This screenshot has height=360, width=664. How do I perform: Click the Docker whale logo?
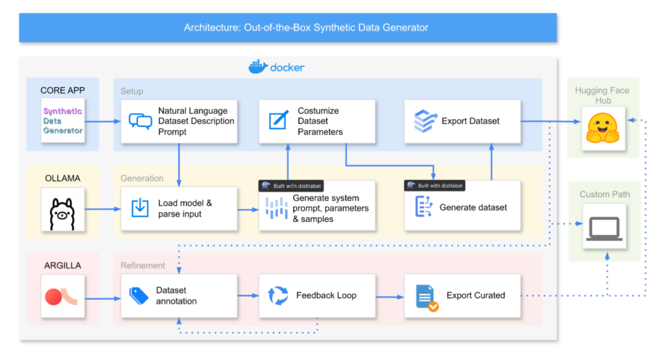pyautogui.click(x=258, y=67)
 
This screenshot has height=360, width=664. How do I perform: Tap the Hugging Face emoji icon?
pyautogui.click(x=602, y=128)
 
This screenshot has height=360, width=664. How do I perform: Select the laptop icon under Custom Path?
pyautogui.click(x=604, y=229)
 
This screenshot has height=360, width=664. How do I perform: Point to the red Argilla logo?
pyautogui.click(x=62, y=296)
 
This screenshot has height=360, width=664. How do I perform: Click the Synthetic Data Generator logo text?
pyautogui.click(x=63, y=121)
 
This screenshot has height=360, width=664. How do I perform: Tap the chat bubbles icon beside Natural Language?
pyautogui.click(x=140, y=121)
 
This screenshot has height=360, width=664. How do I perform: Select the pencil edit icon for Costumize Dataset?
pyautogui.click(x=279, y=120)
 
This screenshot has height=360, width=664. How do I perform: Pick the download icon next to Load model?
pyautogui.click(x=140, y=208)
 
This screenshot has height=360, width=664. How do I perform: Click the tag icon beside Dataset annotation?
pyautogui.click(x=139, y=296)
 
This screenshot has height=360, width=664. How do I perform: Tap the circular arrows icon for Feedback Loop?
pyautogui.click(x=278, y=295)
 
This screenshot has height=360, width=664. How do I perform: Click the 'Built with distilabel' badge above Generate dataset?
pyautogui.click(x=434, y=186)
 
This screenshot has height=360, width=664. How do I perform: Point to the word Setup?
pyautogui.click(x=132, y=91)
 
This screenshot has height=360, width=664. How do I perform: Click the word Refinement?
pyautogui.click(x=143, y=265)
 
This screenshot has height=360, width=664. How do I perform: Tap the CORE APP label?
pyautogui.click(x=63, y=90)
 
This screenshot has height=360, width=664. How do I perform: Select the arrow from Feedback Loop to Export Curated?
pyautogui.click(x=390, y=297)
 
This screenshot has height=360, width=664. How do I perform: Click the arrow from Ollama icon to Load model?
pyautogui.click(x=103, y=209)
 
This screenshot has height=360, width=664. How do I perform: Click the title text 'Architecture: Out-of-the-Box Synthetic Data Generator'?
pyautogui.click(x=306, y=27)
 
